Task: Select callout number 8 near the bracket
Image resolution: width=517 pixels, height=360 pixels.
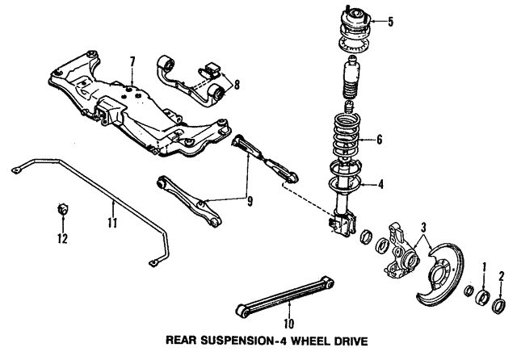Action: click(x=236, y=83)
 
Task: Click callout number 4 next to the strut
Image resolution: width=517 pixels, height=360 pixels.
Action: click(x=381, y=185)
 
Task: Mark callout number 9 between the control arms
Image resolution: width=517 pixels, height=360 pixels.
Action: click(x=249, y=201)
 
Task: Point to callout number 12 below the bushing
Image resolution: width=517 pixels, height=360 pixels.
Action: click(x=61, y=238)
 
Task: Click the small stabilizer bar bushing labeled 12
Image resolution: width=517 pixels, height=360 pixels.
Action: click(x=61, y=211)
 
